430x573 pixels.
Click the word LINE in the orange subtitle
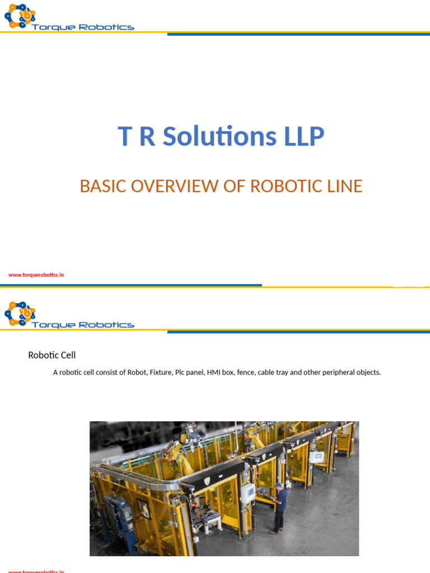click(x=342, y=186)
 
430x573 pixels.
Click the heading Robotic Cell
click(x=52, y=355)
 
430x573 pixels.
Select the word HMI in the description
click(x=214, y=372)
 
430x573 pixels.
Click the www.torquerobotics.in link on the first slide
click(x=36, y=275)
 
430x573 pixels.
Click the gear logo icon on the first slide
click(x=20, y=16)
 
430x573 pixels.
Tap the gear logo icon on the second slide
click(x=20, y=313)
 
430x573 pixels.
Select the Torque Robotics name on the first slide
click(x=83, y=27)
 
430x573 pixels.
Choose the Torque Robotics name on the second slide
click(x=83, y=325)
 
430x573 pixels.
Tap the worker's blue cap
click(x=278, y=485)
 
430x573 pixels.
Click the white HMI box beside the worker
click(x=248, y=492)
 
